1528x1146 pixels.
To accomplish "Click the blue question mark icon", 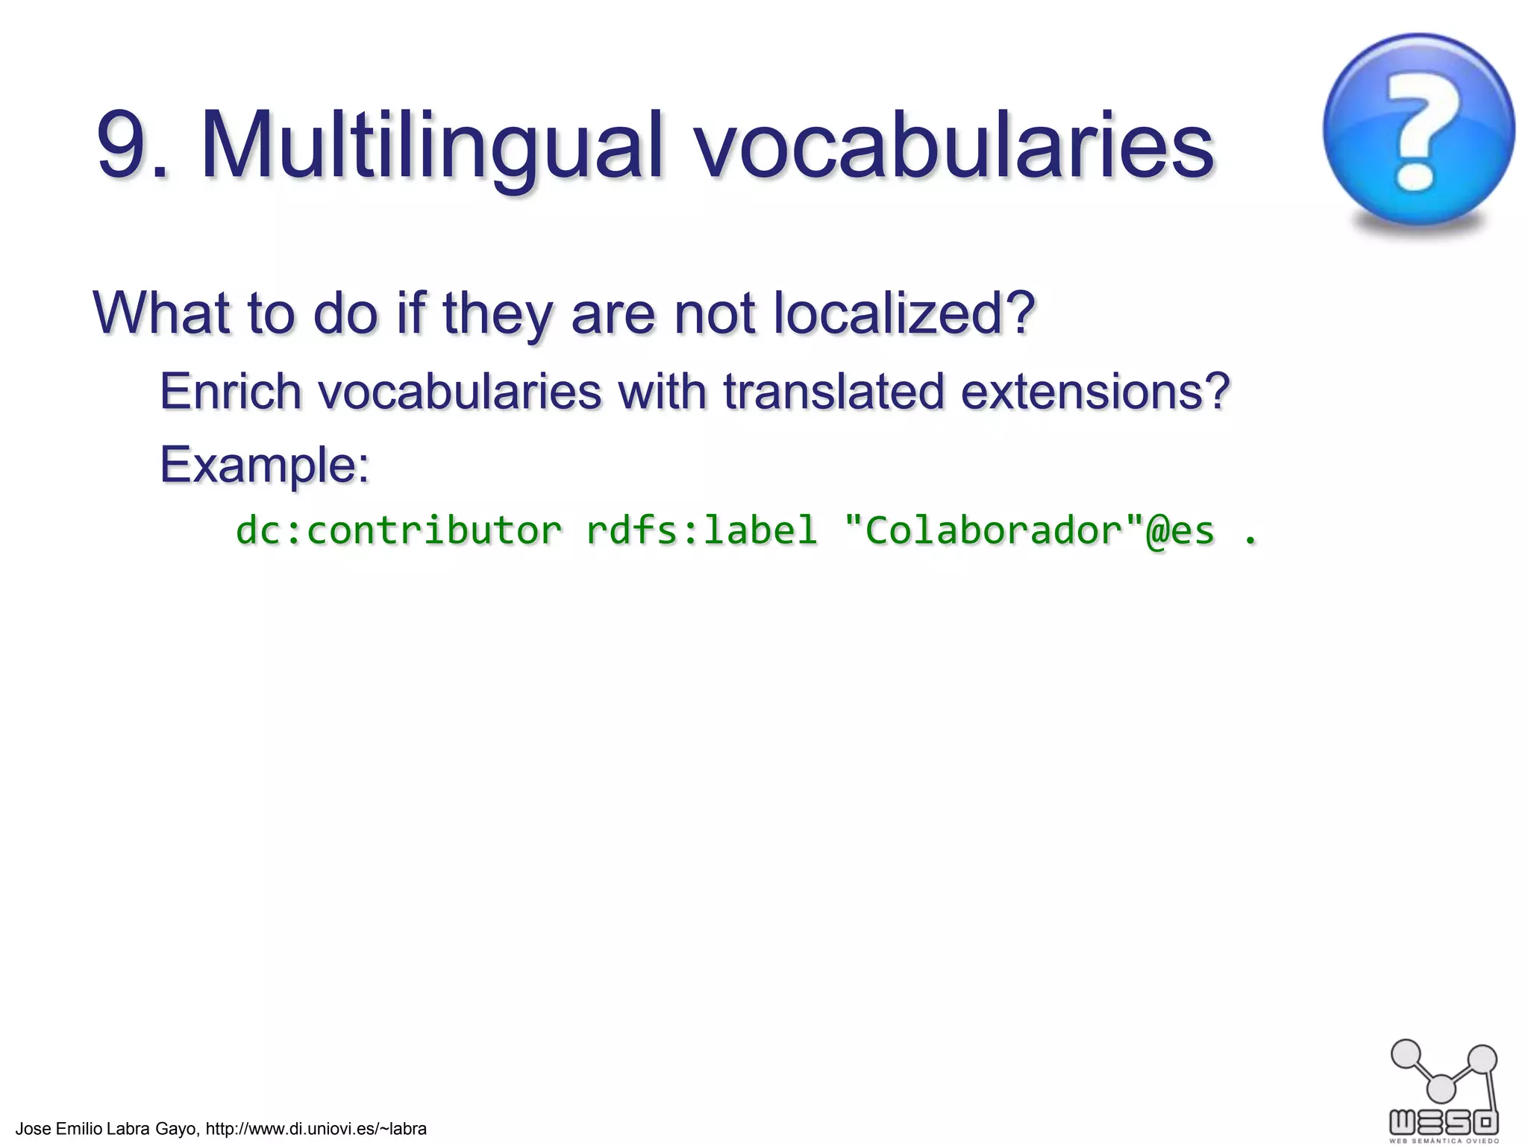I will point(1418,130).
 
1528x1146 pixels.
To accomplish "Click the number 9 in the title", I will point(123,145).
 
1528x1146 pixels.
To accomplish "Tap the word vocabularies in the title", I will point(955,145).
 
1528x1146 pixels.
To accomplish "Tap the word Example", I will point(264,464).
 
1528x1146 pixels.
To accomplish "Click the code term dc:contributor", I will point(398,530).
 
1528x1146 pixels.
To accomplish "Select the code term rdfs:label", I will point(701,530).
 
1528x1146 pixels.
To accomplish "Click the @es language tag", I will point(1180,530).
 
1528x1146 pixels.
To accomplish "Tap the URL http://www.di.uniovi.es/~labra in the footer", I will point(316,1129).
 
